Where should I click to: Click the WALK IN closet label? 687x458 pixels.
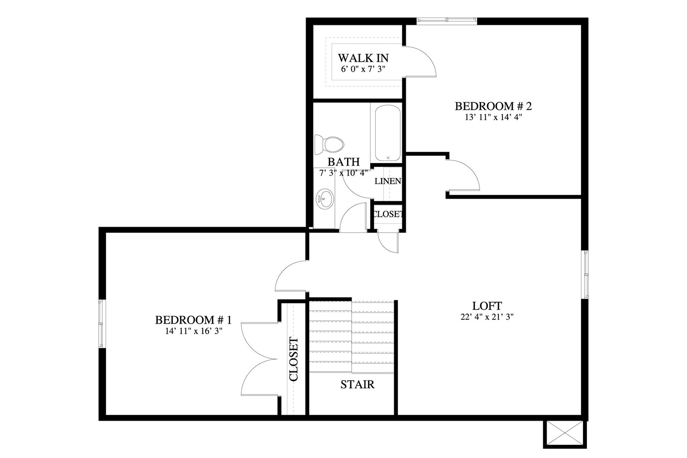click(x=363, y=58)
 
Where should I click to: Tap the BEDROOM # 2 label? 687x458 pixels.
click(x=493, y=106)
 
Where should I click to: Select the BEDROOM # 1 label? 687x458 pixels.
click(x=193, y=320)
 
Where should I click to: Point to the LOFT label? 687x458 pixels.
click(x=487, y=306)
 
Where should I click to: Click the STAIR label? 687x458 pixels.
click(x=357, y=385)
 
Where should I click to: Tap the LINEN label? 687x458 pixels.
click(x=388, y=181)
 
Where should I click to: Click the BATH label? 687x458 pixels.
click(x=343, y=161)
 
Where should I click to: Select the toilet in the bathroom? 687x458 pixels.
click(x=329, y=144)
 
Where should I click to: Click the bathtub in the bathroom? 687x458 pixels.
click(x=388, y=133)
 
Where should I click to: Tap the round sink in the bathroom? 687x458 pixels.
click(x=325, y=199)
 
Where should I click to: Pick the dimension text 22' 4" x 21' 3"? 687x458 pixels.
click(x=487, y=317)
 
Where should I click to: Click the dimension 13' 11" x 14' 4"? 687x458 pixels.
click(x=493, y=117)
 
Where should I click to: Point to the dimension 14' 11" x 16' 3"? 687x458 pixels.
click(x=194, y=331)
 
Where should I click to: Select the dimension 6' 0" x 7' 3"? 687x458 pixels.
click(x=363, y=69)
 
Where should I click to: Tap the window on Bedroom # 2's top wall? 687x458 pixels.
click(x=447, y=20)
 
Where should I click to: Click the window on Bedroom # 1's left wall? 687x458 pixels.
click(x=101, y=324)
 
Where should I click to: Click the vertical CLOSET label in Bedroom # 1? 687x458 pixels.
click(x=294, y=359)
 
